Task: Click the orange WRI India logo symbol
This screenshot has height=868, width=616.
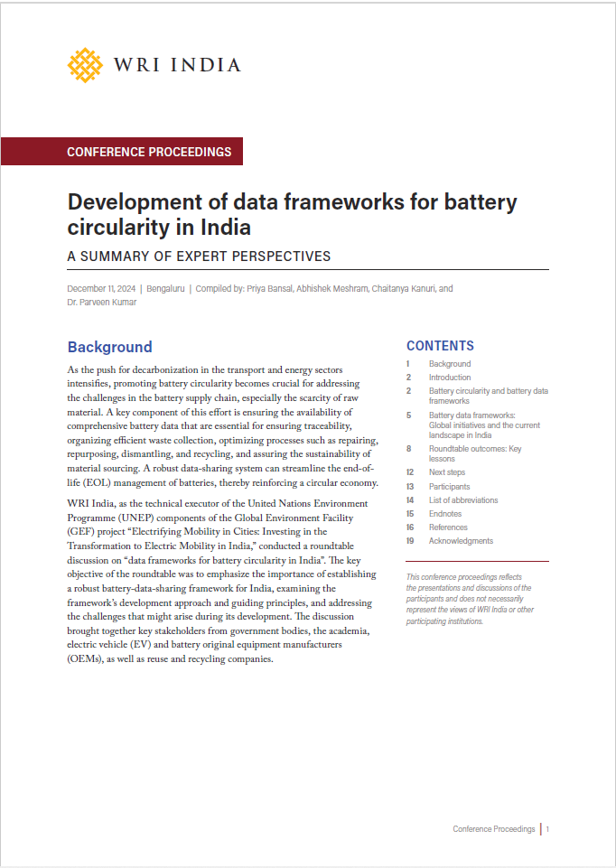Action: (86, 65)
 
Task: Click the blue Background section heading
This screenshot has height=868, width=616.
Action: (110, 347)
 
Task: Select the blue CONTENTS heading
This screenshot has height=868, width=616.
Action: (440, 346)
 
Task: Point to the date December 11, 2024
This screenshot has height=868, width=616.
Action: (101, 288)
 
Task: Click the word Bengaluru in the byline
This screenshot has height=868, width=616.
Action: (164, 288)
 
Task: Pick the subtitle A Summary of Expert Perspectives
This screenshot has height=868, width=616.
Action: (200, 256)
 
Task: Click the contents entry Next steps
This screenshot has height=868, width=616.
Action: (448, 472)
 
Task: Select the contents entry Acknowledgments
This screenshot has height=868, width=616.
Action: (461, 541)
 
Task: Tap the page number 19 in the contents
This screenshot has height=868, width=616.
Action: (410, 541)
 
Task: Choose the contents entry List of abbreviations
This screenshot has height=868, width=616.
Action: (463, 500)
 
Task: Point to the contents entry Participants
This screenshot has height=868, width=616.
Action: (449, 487)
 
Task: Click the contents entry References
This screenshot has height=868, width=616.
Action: (448, 527)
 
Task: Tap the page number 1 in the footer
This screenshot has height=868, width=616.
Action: (547, 829)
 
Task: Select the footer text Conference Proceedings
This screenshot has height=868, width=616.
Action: (493, 829)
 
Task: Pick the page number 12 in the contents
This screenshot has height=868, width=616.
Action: (410, 472)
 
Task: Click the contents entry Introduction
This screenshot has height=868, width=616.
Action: (450, 378)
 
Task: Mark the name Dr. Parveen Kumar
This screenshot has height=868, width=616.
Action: (102, 302)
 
